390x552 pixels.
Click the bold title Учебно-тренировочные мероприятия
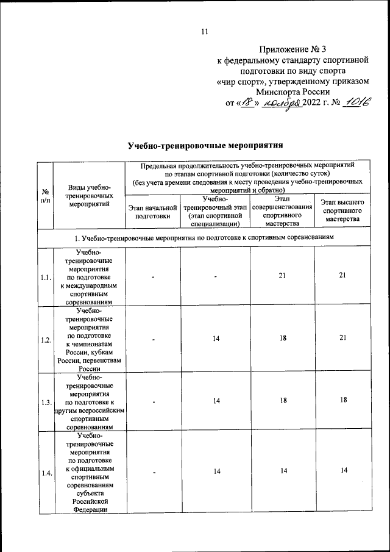pyautogui.click(x=205, y=146)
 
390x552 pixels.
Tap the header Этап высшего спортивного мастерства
pyautogui.click(x=342, y=210)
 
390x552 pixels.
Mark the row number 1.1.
pyautogui.click(x=44, y=278)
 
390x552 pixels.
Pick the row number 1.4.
pyautogui.click(x=44, y=472)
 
